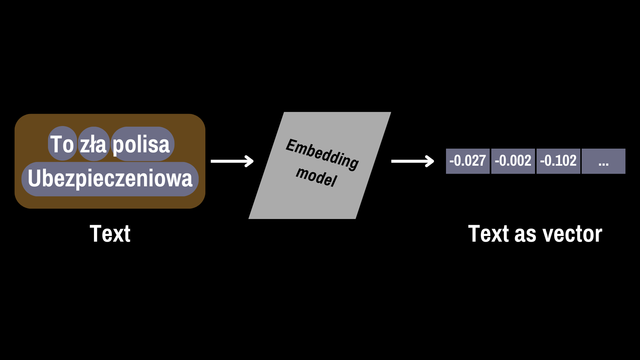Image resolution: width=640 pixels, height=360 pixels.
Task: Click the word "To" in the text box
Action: pos(62,144)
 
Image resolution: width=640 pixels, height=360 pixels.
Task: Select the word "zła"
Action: pos(93,144)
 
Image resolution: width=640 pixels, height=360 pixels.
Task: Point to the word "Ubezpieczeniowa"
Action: pos(110,178)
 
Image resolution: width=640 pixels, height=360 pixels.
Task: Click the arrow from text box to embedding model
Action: pos(232,161)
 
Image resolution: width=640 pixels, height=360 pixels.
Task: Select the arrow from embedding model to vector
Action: pos(412,161)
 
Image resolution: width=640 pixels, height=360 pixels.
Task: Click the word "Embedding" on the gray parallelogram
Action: pos(322,154)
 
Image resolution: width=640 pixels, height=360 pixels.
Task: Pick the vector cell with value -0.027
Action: pos(468,161)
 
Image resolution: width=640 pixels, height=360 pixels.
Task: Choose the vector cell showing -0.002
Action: pos(513,161)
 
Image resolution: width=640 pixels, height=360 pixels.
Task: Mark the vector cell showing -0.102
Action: pos(558,161)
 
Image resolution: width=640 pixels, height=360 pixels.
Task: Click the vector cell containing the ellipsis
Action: pos(604,161)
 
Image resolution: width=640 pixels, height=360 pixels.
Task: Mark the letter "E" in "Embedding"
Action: pos(292,145)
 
